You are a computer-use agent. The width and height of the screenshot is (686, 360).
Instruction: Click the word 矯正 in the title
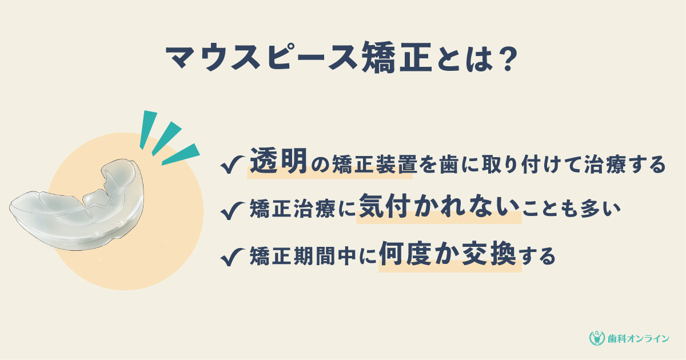tap(397, 58)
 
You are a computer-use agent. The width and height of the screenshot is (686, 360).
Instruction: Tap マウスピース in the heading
tap(262, 58)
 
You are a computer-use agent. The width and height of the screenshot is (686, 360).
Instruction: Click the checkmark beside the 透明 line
tap(232, 164)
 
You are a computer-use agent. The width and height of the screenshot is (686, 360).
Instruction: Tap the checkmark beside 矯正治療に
tap(232, 210)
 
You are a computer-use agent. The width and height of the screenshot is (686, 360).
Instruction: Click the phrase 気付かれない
tap(439, 206)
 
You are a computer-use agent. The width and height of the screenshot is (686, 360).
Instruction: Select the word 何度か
tap(419, 254)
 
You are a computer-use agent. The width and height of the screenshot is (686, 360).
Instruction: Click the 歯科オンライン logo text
tap(639, 338)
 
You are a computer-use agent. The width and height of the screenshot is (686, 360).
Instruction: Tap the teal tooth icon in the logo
tap(597, 338)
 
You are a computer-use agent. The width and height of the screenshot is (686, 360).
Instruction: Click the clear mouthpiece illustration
tap(77, 205)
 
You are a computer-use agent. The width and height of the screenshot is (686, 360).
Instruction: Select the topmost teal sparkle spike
tap(148, 129)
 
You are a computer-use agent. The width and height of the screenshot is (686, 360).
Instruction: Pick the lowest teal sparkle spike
tap(181, 154)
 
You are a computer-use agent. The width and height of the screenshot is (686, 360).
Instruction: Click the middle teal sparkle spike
tap(166, 138)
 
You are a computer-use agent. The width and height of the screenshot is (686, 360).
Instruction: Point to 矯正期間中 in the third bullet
tap(303, 256)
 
